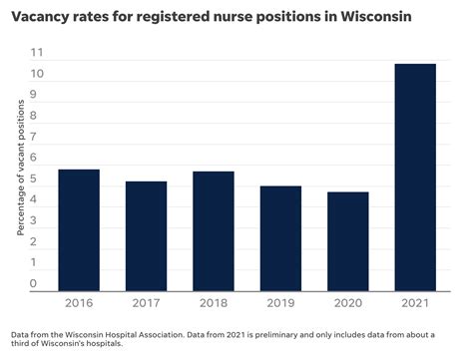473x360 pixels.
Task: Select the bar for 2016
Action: [78, 229]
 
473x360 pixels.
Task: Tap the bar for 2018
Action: [213, 230]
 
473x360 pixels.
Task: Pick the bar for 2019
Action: [279, 238]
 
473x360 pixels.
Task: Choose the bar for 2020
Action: [347, 240]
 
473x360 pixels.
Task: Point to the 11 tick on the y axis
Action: [36, 53]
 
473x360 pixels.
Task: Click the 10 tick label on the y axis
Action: [36, 74]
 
